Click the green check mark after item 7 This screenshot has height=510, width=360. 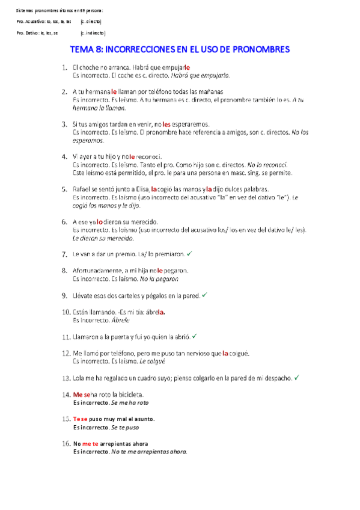click(189, 254)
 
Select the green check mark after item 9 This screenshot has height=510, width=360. click(204, 295)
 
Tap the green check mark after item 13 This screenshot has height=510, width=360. click(297, 378)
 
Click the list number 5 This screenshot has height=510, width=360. click(64, 188)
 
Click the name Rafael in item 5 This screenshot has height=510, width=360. click(81, 188)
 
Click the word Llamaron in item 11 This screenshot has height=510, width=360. click(86, 337)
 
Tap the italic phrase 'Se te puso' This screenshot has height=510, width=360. click(125, 428)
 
